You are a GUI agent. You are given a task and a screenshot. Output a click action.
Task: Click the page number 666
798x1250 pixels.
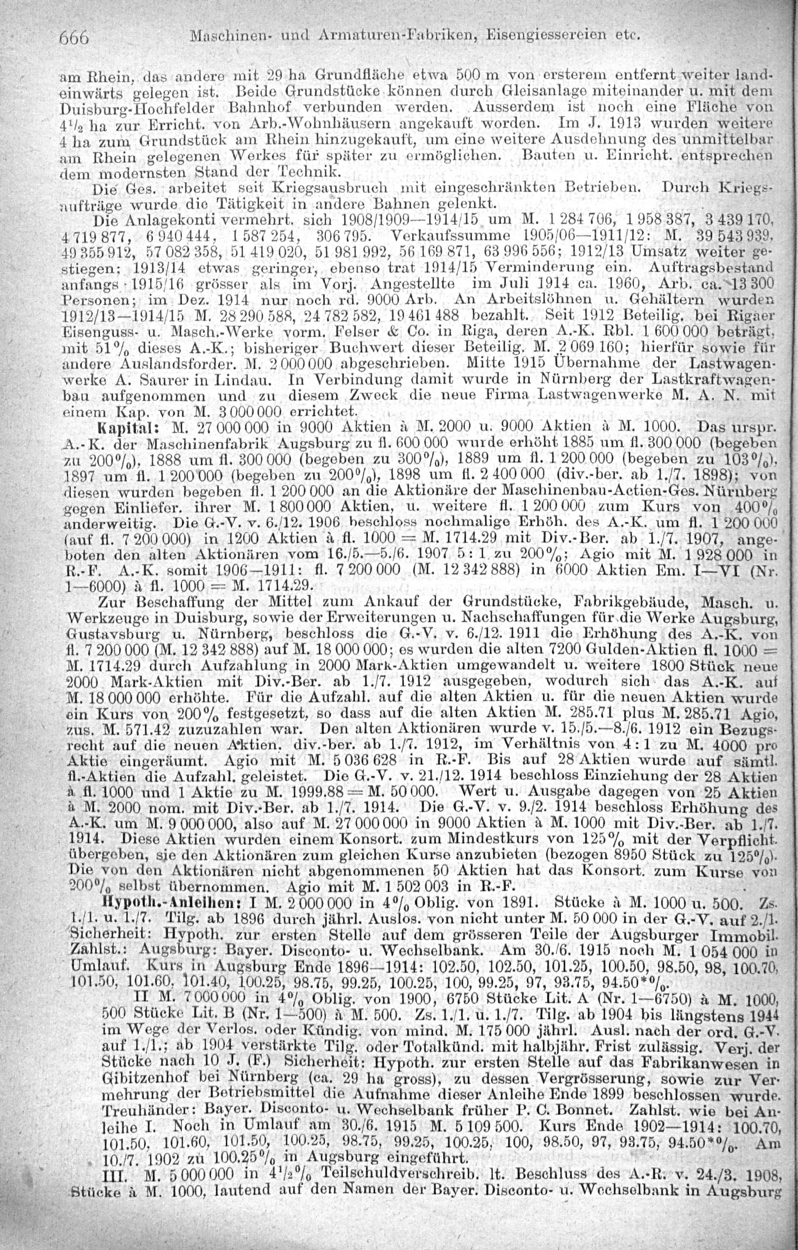(75, 38)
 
